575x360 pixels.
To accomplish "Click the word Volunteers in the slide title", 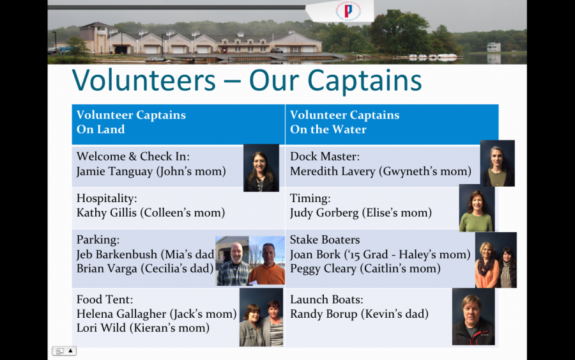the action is tap(144, 80).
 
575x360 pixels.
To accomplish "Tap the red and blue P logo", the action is tap(348, 10).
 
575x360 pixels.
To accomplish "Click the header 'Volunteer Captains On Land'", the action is tap(131, 122).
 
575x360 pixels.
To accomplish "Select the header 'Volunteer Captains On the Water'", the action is tap(345, 122).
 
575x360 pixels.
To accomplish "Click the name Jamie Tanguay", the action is tap(114, 171).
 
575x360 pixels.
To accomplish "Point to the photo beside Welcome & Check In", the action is tap(261, 168).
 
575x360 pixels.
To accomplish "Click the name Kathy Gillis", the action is tap(106, 213).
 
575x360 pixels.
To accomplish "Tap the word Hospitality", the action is tap(105, 198).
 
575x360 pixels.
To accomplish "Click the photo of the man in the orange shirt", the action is tap(267, 260).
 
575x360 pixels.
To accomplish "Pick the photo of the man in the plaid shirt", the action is tap(233, 261).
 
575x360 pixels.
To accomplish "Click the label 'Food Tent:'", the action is tap(105, 299).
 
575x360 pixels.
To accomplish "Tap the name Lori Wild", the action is tap(101, 327).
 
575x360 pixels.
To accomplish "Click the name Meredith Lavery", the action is tap(333, 171).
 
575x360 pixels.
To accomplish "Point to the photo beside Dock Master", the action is tap(497, 163).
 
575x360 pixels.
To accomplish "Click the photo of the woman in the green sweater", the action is tap(477, 208).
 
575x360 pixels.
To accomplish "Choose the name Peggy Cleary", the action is tap(323, 269).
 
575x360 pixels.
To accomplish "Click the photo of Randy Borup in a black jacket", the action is tap(473, 317).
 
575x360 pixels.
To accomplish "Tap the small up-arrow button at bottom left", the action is tap(70, 351).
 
